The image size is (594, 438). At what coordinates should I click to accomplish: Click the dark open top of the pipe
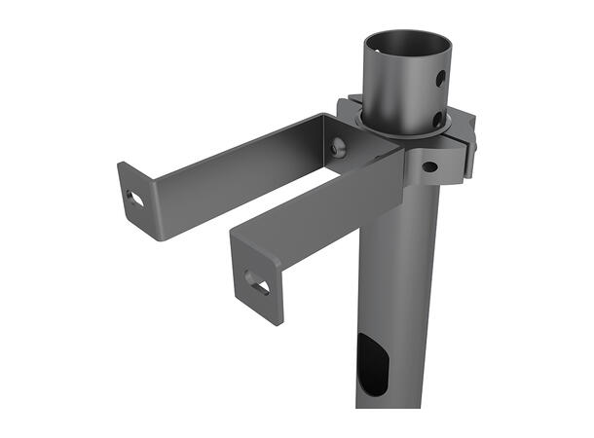tap(408, 49)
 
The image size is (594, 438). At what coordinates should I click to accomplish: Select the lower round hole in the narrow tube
tap(437, 119)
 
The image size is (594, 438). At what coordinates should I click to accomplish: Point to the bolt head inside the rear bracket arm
tap(337, 147)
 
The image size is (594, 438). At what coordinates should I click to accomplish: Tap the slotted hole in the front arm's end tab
tap(259, 282)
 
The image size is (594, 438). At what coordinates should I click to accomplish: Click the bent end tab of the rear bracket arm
tap(135, 200)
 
